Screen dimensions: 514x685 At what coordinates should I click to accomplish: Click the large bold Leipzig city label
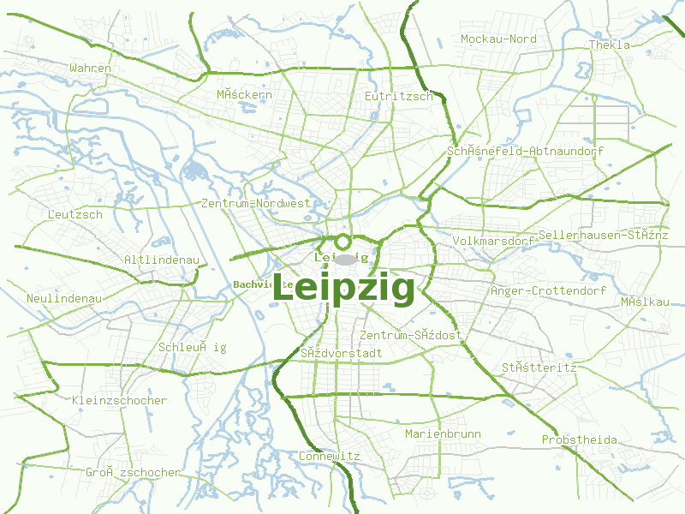(x=343, y=289)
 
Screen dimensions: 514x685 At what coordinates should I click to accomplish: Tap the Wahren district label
(x=91, y=68)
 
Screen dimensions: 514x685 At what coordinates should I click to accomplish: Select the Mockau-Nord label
(x=498, y=39)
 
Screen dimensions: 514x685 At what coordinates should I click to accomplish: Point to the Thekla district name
(x=609, y=45)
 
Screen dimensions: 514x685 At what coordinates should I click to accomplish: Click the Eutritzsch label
(x=399, y=96)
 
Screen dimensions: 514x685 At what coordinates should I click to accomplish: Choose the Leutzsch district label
(x=75, y=214)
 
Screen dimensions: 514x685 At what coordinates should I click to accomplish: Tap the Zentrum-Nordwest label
(x=255, y=204)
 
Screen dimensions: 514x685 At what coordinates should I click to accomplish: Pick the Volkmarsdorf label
(x=493, y=242)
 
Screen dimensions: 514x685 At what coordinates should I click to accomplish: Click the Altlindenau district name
(x=161, y=260)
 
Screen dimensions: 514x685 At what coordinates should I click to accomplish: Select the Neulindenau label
(x=64, y=298)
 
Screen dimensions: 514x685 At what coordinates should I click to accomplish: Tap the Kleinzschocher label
(x=120, y=400)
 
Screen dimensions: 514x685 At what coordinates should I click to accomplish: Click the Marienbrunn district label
(x=443, y=434)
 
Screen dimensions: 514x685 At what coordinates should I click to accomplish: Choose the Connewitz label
(x=330, y=456)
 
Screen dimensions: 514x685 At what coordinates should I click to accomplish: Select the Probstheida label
(x=579, y=440)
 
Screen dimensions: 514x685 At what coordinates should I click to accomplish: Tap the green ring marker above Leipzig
(x=343, y=242)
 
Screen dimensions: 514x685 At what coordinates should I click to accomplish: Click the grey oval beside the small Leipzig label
(x=345, y=259)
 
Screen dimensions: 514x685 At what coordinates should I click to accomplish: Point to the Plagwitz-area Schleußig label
(x=193, y=347)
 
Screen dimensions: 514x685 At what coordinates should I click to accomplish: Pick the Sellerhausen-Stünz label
(x=603, y=235)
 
